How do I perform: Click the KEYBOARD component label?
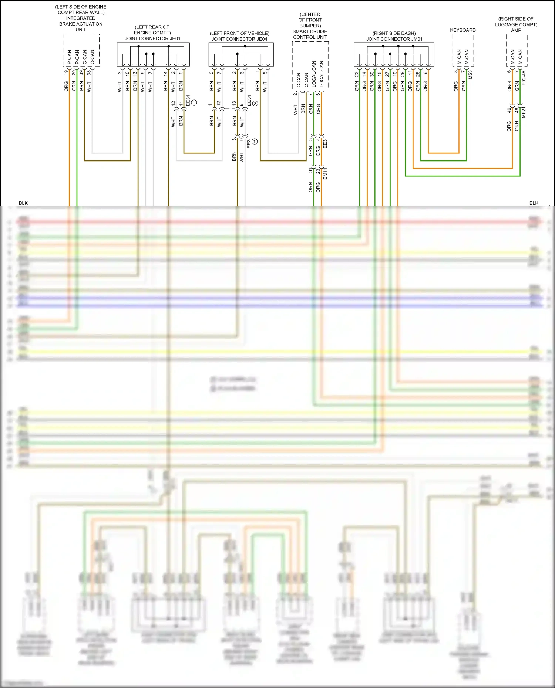pyautogui.click(x=462, y=30)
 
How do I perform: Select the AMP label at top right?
pyautogui.click(x=516, y=30)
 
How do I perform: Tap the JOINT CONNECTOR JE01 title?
pyautogui.click(x=152, y=38)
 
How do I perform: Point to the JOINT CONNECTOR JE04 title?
pyautogui.click(x=239, y=39)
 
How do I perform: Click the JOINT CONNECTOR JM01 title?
pyautogui.click(x=394, y=39)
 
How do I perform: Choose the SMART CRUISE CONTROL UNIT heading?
pyautogui.click(x=310, y=34)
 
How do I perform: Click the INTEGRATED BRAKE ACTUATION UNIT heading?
pyautogui.click(x=81, y=24)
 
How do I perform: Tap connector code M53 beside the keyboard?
pyautogui.click(x=471, y=75)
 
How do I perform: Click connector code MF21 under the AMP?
pyautogui.click(x=524, y=112)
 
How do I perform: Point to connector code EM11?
pyautogui.click(x=325, y=174)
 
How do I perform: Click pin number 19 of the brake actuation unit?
pyautogui.click(x=66, y=72)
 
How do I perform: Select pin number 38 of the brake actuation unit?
pyautogui.click(x=89, y=72)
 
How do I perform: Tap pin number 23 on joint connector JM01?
pyautogui.click(x=357, y=74)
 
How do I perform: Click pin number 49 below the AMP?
pyautogui.click(x=509, y=110)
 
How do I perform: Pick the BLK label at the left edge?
pyautogui.click(x=23, y=203)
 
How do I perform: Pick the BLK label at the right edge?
pyautogui.click(x=534, y=203)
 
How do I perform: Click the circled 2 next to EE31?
pyautogui.click(x=255, y=104)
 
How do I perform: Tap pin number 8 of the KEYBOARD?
pyautogui.click(x=456, y=71)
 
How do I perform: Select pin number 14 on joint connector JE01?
pyautogui.click(x=166, y=73)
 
